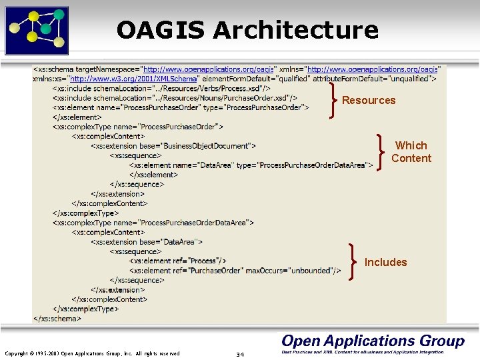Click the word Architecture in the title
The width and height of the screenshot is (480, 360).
(295, 30)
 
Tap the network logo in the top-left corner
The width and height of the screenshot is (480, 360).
(37, 29)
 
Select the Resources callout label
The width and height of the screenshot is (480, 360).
(369, 101)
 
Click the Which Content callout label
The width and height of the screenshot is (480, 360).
(411, 152)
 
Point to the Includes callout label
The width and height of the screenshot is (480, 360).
(385, 263)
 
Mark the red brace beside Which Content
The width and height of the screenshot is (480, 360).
(380, 152)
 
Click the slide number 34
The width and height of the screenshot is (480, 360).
(240, 354)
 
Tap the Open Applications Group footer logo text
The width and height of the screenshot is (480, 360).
(373, 341)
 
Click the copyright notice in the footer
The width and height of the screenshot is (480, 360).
(92, 353)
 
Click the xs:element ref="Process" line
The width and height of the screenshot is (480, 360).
(178, 261)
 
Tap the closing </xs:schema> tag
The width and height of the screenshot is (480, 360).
(57, 319)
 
